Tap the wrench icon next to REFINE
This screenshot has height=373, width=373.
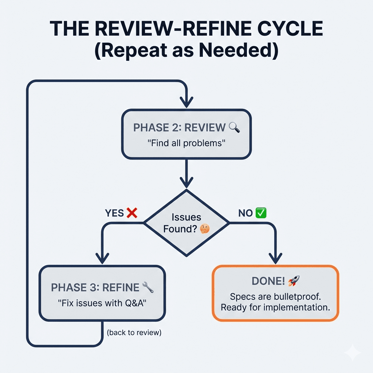click(148, 287)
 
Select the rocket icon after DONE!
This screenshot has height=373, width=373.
click(293, 280)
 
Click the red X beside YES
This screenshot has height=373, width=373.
click(131, 213)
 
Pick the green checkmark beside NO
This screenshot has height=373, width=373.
click(261, 213)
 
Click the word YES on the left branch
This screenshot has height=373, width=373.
click(114, 213)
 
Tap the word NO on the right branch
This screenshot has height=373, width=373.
click(246, 213)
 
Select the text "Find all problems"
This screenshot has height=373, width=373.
click(186, 143)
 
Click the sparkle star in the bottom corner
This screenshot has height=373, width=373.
click(353, 353)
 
